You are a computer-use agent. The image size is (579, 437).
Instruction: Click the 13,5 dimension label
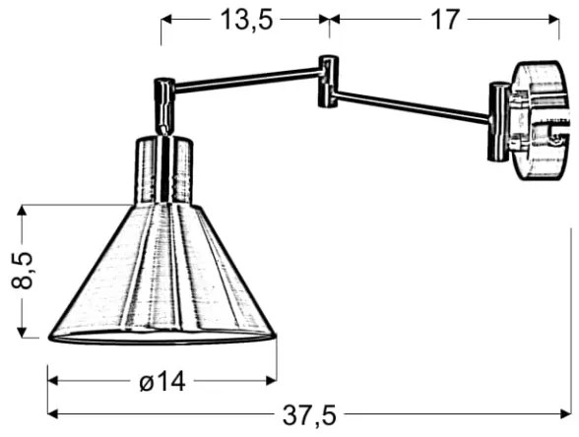(244, 20)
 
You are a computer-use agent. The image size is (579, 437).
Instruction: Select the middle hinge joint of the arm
(327, 82)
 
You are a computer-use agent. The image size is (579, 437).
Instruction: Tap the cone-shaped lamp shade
(162, 276)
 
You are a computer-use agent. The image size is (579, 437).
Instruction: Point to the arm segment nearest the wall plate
(414, 105)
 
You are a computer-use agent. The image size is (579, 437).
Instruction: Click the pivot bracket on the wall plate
(499, 118)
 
